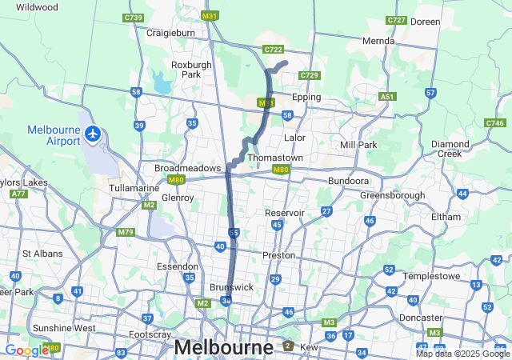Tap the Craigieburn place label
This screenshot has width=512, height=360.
[x=171, y=33]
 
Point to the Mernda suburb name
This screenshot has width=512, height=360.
[x=378, y=41]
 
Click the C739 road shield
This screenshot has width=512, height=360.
[x=133, y=18]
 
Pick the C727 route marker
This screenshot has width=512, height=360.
[x=395, y=20]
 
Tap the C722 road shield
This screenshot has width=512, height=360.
[x=273, y=49]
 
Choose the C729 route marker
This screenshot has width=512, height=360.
[x=310, y=75]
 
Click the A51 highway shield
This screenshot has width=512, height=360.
[x=388, y=96]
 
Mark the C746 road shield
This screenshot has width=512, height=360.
[x=494, y=123]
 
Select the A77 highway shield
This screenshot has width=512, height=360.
[x=18, y=194]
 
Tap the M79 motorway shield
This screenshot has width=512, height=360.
[x=125, y=232]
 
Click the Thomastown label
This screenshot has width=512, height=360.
[x=275, y=158]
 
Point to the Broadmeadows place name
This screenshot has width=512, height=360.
[x=187, y=168]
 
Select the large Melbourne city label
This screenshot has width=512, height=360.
[x=223, y=348]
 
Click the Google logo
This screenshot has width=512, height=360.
[x=26, y=350]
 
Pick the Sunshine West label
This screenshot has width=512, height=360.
[x=64, y=328]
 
